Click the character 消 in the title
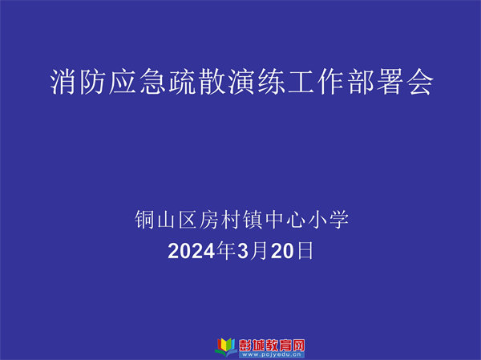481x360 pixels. [63, 81]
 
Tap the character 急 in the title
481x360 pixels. [153, 81]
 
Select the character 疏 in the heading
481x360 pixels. [183, 81]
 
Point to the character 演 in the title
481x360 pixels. [242, 81]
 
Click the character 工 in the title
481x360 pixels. [301, 81]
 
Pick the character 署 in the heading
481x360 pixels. [390, 81]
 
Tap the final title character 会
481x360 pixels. [420, 81]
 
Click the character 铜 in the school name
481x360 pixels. [144, 220]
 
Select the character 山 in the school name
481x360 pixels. [166, 220]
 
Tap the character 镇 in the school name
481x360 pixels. [253, 220]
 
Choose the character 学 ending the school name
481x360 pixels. [339, 220]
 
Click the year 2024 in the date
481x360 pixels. [192, 251]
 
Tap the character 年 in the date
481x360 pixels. [226, 250]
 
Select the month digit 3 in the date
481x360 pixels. [242, 251]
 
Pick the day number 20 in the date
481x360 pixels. [282, 251]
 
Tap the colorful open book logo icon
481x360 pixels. [226, 347]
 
